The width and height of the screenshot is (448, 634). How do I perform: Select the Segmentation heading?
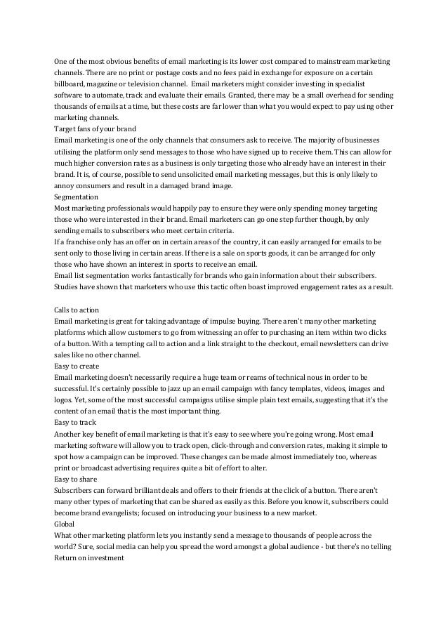76,197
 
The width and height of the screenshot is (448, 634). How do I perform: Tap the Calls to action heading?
77,310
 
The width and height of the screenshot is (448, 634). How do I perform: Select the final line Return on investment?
89,557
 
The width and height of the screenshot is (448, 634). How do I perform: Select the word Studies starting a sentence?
67,287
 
